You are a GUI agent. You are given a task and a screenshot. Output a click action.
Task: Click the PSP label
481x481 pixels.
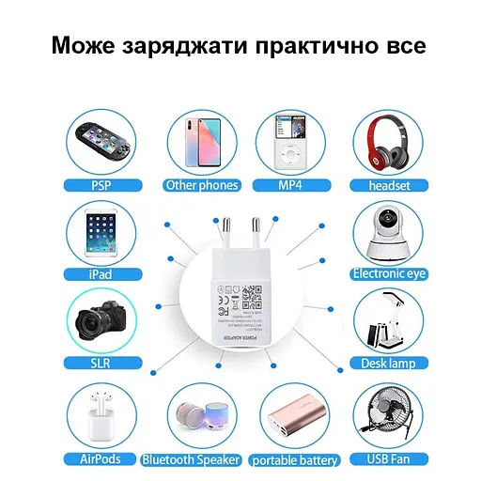pos(101,185)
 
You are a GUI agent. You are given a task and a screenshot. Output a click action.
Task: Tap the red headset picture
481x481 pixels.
pos(388,139)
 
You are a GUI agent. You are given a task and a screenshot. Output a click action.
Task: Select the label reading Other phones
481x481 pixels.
pos(202,185)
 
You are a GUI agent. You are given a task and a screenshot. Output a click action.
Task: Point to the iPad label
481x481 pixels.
pos(101,274)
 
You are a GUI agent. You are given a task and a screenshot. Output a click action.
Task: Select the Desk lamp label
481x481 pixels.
pos(389,364)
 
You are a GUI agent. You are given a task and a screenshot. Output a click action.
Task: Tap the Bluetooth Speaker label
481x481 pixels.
pos(192,459)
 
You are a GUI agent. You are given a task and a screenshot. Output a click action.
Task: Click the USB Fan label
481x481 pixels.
pos(389,459)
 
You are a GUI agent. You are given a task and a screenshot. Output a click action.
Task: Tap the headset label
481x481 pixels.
pos(389,185)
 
